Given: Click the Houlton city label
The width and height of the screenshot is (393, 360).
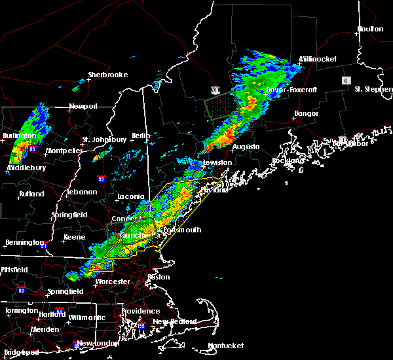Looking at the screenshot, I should click(370, 29).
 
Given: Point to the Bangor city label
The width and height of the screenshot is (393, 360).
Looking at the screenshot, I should click(307, 114).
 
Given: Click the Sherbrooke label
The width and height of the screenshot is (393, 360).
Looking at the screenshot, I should click(108, 75).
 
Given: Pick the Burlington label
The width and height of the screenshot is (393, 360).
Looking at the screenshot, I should click(18, 135).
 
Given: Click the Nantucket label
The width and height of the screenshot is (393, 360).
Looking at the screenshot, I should click(225, 346).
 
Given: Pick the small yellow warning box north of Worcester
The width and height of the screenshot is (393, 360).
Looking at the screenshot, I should click(102, 266).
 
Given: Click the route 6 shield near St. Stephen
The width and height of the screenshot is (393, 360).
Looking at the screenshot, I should click(344, 80).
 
